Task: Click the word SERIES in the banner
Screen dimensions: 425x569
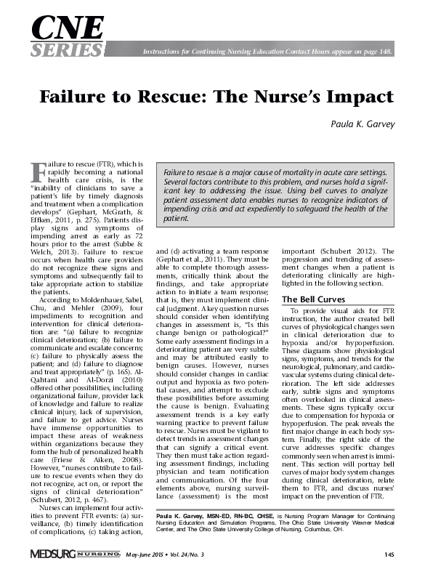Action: pyautogui.click(x=65, y=49)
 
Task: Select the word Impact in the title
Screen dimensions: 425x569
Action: pyautogui.click(x=359, y=97)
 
